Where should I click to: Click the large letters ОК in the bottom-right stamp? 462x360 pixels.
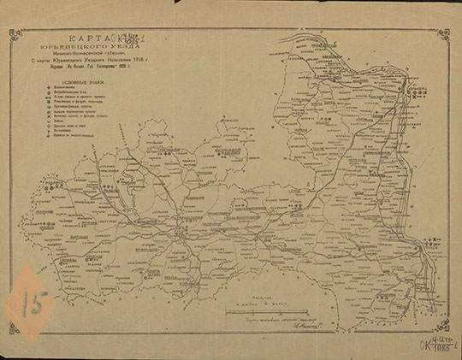coord(422,345)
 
